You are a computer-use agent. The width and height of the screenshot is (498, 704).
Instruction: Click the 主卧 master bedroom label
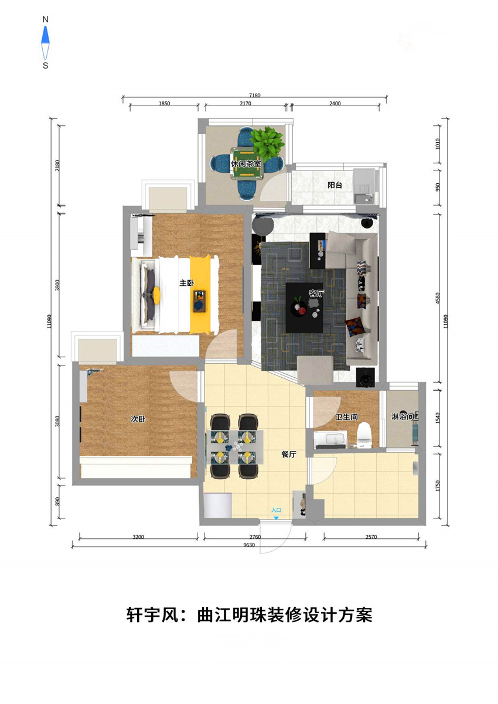(x=186, y=283)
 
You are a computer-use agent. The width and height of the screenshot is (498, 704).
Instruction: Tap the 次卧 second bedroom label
(x=138, y=419)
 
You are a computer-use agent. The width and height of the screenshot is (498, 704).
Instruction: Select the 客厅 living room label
(x=316, y=293)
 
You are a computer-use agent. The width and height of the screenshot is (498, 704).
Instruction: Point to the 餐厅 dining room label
(x=289, y=454)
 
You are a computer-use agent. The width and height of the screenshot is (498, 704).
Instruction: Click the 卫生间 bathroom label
(x=346, y=417)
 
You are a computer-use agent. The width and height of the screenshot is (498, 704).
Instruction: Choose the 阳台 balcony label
(x=335, y=185)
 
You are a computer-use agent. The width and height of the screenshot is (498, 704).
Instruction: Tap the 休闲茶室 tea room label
(x=245, y=164)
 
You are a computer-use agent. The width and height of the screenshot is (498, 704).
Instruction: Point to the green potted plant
(x=267, y=143)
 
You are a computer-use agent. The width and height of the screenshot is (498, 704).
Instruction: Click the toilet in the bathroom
(x=364, y=435)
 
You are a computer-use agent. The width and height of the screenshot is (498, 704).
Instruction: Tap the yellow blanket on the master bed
(x=200, y=294)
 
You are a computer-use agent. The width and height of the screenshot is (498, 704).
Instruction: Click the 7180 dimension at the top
(x=255, y=95)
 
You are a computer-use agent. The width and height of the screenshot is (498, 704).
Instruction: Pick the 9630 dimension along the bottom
(x=249, y=545)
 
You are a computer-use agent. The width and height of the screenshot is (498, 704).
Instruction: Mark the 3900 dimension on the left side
(x=57, y=285)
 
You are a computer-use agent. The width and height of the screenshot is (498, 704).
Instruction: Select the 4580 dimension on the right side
(x=438, y=298)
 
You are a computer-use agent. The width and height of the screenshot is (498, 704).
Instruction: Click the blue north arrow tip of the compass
(x=46, y=26)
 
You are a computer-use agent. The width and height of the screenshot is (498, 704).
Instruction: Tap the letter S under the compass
(x=46, y=66)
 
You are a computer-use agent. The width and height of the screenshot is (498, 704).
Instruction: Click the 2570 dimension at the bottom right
(x=371, y=537)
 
